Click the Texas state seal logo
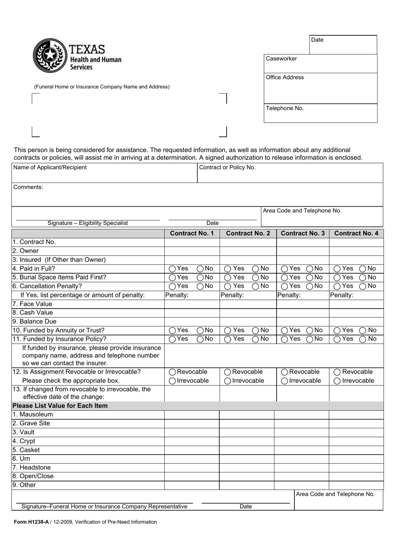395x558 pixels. click(50, 55)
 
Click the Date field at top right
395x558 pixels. click(343, 44)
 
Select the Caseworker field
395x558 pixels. click(320, 64)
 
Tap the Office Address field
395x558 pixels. click(320, 88)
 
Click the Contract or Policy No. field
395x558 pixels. click(290, 173)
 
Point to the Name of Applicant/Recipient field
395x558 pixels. click(104, 173)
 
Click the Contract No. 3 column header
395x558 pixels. click(303, 233)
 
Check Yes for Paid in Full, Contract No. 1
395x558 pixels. click(172, 269)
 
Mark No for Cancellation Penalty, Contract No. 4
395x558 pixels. click(363, 286)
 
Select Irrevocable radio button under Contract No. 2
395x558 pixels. click(227, 381)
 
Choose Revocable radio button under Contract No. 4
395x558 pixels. click(337, 373)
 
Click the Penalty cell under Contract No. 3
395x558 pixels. click(303, 295)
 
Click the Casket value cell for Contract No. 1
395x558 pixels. click(192, 450)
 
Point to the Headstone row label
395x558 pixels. click(32, 467)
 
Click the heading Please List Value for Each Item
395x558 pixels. click(60, 406)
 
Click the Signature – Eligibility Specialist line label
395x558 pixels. click(88, 223)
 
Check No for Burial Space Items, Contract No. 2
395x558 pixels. click(255, 278)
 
